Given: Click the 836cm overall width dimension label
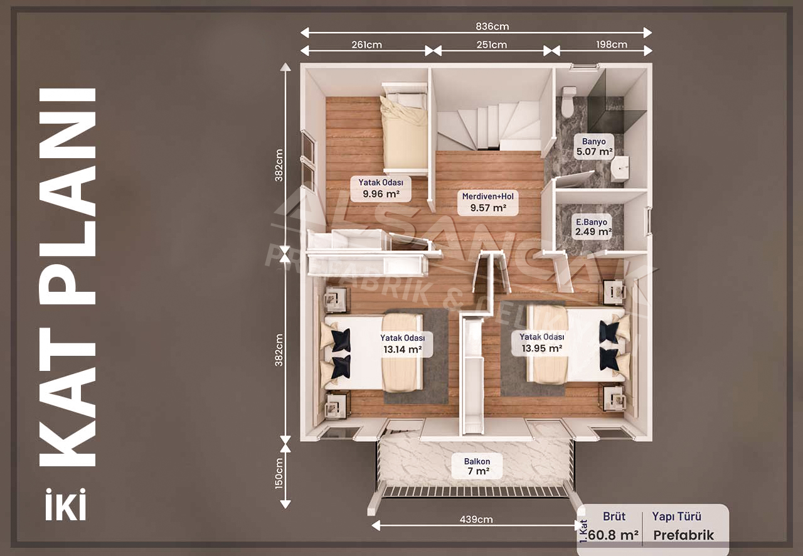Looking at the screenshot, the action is coord(492,26).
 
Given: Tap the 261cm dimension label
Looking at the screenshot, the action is coord(366,45).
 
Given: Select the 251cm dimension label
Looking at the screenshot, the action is coord(491,45).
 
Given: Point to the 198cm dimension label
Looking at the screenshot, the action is coord(612,45).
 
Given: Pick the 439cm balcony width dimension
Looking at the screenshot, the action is coord(476,520).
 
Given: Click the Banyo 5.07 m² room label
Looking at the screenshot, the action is coord(594,146).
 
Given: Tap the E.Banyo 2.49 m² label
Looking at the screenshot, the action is coord(593,227).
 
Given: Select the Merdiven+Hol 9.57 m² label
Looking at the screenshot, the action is coord(488,202).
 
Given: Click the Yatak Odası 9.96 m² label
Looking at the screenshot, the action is coord(381,188).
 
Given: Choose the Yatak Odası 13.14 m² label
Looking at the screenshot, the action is coord(403,344).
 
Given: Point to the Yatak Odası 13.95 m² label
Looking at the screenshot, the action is coord(541,343).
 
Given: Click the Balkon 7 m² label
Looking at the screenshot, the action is coord(477,466).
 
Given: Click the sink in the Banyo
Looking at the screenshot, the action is coord(620,168).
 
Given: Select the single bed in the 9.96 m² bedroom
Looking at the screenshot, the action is coord(405,130).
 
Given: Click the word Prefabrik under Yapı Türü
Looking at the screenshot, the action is coord(684,535).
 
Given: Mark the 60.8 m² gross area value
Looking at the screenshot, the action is coord(614,535).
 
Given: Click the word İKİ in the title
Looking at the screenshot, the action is coord(66,505).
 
